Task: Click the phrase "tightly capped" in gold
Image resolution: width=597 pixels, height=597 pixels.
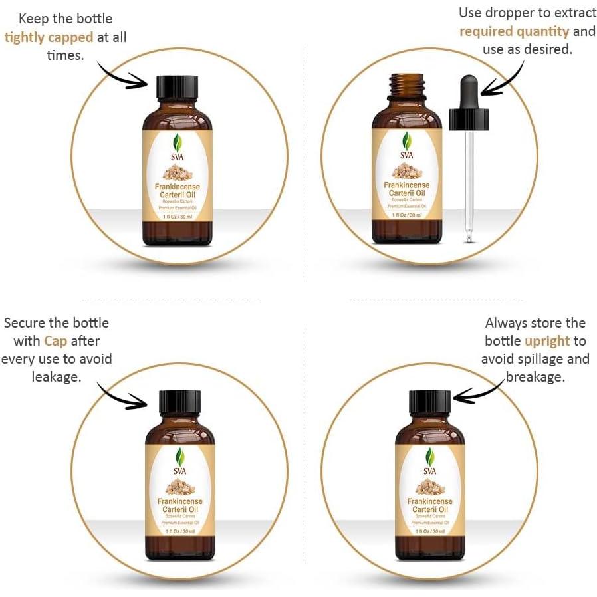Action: (49, 37)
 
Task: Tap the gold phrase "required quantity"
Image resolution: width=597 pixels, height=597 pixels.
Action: (515, 31)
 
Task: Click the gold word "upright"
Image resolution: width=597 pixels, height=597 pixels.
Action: (547, 341)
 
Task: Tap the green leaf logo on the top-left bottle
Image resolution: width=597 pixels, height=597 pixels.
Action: (177, 142)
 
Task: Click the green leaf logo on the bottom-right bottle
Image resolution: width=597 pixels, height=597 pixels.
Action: (430, 457)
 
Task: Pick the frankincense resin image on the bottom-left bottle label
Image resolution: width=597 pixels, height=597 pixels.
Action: (180, 485)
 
